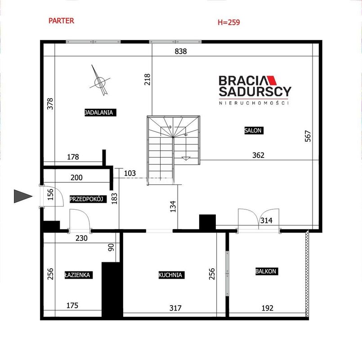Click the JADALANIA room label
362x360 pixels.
click(x=100, y=112)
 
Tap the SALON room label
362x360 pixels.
click(x=254, y=130)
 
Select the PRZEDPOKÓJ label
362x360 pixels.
click(x=88, y=199)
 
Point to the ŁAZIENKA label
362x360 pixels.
click(x=79, y=275)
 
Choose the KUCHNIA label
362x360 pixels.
click(x=171, y=275)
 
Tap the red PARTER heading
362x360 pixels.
click(x=62, y=21)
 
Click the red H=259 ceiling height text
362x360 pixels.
click(x=229, y=22)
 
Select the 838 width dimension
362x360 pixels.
click(x=181, y=51)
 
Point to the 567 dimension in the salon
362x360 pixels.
click(x=308, y=136)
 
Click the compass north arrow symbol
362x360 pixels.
click(x=100, y=81)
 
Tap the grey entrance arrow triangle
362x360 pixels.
click(x=23, y=196)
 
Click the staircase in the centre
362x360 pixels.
click(x=174, y=150)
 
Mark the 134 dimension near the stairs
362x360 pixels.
click(x=173, y=207)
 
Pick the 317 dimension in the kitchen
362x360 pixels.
click(x=175, y=308)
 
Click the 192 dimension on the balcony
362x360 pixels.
click(x=268, y=308)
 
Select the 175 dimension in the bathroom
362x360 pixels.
click(x=72, y=305)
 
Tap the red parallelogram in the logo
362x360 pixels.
click(x=272, y=80)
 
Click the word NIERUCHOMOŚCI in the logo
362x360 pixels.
click(x=254, y=103)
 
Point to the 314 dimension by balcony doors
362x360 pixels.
click(x=266, y=220)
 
